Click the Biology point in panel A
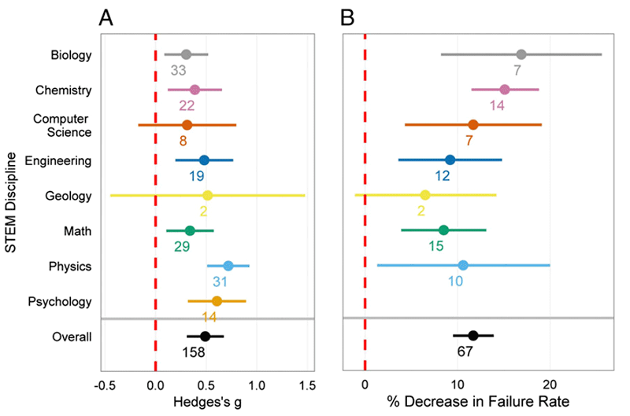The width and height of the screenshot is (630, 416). pos(186,54)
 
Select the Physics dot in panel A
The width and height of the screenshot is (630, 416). pos(228,266)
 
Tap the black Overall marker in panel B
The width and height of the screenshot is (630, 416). pos(473,336)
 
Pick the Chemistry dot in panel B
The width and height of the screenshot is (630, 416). pos(505,90)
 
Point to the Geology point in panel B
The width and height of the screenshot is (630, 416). pos(425,195)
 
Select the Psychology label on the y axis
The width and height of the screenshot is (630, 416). pos(60,301)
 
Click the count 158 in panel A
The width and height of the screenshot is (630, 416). pos(194,352)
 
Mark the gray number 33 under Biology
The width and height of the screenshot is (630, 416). pos(179,70)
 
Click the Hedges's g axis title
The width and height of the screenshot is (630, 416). pos(207,403)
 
